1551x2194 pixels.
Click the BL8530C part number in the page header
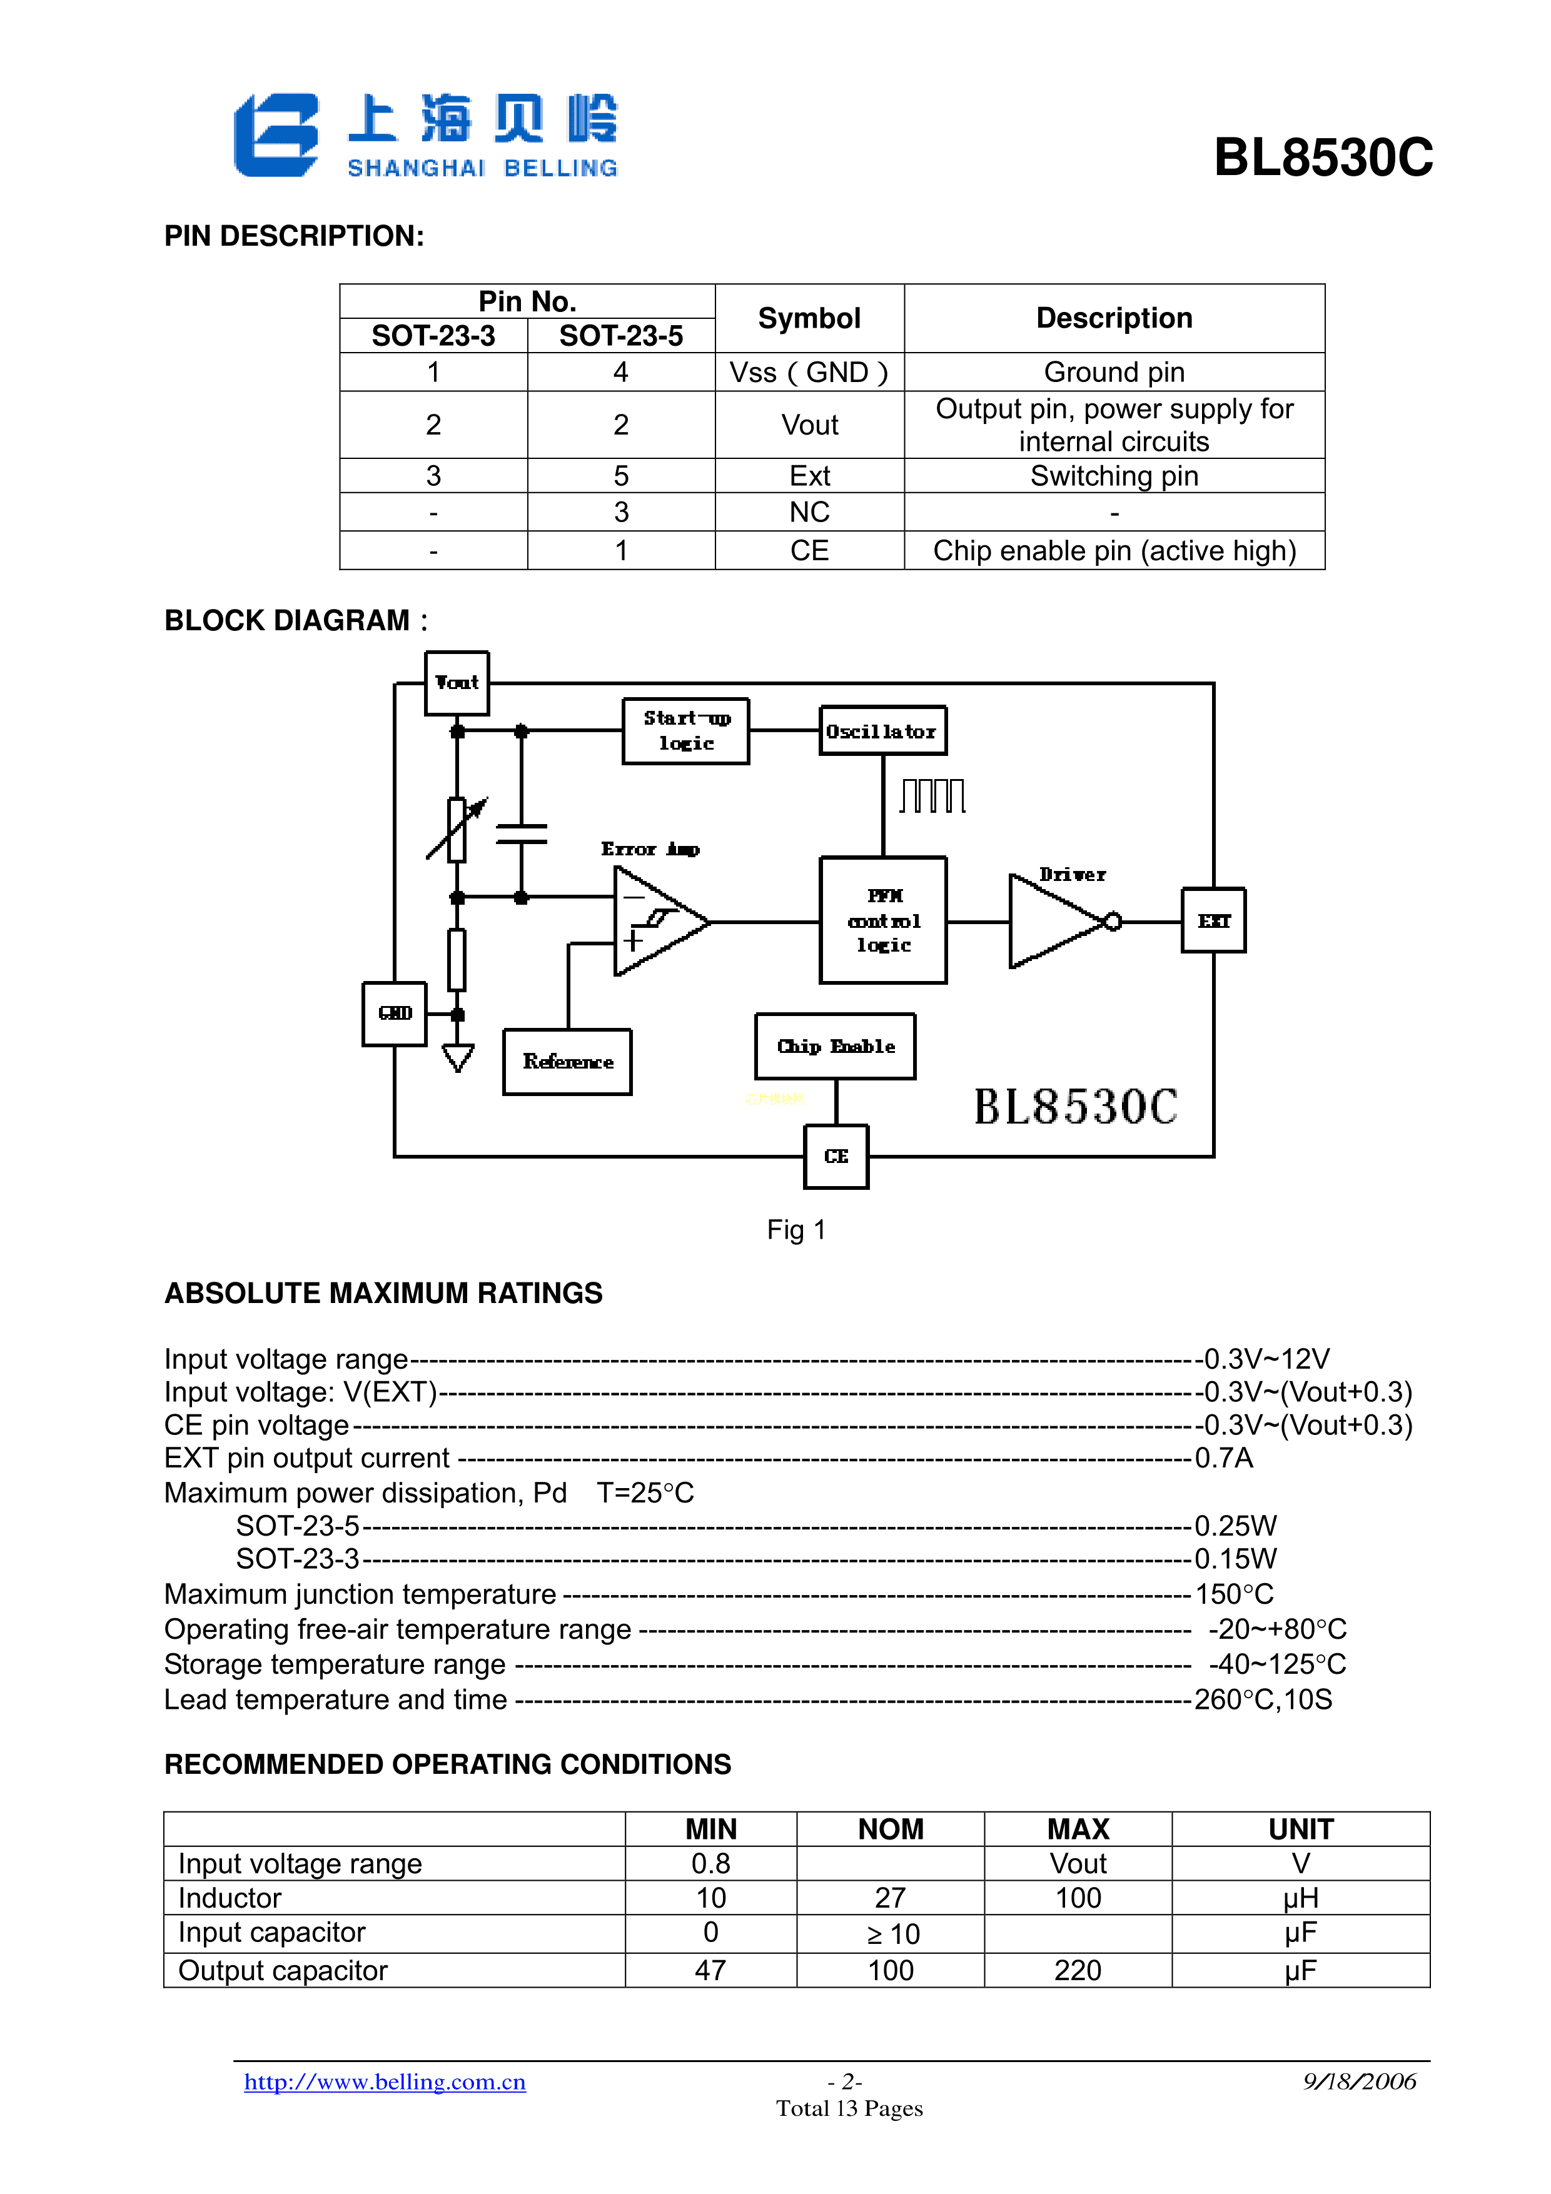1323,158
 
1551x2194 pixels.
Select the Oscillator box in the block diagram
882,731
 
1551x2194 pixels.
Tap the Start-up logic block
685,731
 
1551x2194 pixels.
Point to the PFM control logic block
883,920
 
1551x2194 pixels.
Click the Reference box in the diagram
568,1062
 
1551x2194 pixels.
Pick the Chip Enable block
836,1046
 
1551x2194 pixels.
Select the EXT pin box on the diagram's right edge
1214,920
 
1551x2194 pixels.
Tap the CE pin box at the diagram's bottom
836,1156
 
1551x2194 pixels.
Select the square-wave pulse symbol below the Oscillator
932,795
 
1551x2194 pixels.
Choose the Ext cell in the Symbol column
809,476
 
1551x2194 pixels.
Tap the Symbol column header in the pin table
809,318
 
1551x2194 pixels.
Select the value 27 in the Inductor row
890,1898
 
